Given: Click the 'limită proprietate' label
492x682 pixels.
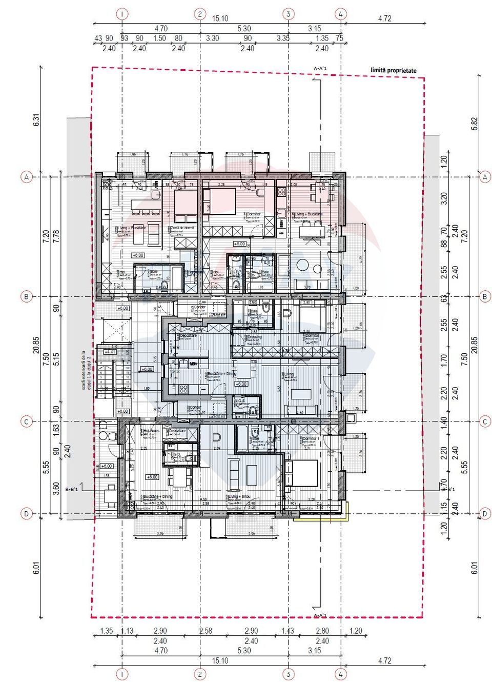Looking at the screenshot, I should (x=393, y=70).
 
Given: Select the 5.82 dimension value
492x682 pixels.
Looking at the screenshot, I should (x=474, y=124).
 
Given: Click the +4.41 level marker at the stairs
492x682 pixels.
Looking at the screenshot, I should (x=110, y=352).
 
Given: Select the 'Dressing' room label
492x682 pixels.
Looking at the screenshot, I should (x=254, y=337).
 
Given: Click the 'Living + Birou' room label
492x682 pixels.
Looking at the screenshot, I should (x=239, y=497).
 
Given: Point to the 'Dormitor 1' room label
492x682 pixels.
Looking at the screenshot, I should (x=311, y=439).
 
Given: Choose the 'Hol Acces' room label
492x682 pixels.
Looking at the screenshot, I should (x=151, y=431).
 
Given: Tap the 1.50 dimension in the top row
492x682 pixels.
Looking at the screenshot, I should (x=160, y=38).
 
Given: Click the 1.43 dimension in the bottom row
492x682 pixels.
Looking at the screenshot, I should (x=288, y=631).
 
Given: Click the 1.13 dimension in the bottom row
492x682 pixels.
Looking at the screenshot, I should (x=127, y=631).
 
